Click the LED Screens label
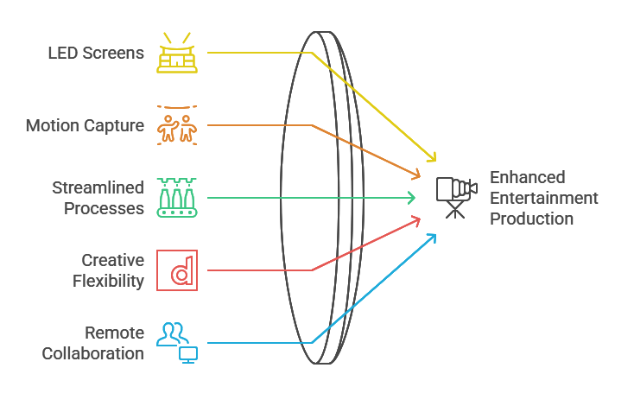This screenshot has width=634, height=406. pos(96,53)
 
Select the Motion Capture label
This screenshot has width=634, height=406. pos(85,125)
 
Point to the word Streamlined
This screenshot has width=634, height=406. pos(98,187)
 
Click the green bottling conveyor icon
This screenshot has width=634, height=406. pos(177,198)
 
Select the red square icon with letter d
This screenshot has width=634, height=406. pos(177,270)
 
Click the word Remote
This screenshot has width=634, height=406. pos(114,333)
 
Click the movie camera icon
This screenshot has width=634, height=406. pos(455,196)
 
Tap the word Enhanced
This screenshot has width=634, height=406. pos(527,177)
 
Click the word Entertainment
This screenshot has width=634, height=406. pos(543,198)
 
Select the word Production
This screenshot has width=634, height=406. pos(531,219)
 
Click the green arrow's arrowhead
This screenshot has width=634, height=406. pos(414,198)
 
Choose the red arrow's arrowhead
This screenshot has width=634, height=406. pos(417,220)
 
